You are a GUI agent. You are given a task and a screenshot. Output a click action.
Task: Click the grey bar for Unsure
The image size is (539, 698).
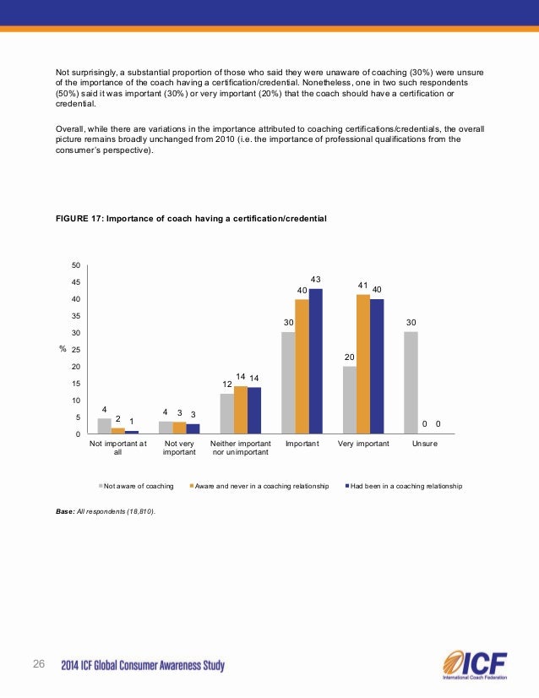[411, 383]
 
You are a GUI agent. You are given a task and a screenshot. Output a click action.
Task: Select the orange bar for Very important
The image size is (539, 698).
[363, 364]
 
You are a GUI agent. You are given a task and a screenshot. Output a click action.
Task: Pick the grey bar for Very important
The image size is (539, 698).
[350, 400]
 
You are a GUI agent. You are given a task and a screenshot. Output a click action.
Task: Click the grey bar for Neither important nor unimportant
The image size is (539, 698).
[226, 413]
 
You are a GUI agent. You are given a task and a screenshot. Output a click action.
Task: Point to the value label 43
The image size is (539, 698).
[316, 280]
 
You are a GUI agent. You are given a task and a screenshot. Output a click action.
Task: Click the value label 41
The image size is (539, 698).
[362, 286]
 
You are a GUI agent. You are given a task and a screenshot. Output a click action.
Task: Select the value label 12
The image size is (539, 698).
[226, 384]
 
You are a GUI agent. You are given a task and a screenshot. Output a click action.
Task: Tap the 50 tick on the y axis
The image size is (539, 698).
[76, 265]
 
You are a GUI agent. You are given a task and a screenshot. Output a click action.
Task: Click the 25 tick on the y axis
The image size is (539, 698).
[76, 350]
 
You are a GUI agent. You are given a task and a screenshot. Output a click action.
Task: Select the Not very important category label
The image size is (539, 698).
[179, 448]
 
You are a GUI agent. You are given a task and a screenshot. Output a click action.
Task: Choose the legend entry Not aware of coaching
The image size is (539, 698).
[137, 487]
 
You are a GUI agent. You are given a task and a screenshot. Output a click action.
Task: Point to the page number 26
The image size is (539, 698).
[38, 662]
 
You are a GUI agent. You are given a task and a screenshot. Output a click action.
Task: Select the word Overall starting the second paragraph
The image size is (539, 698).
[70, 128]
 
